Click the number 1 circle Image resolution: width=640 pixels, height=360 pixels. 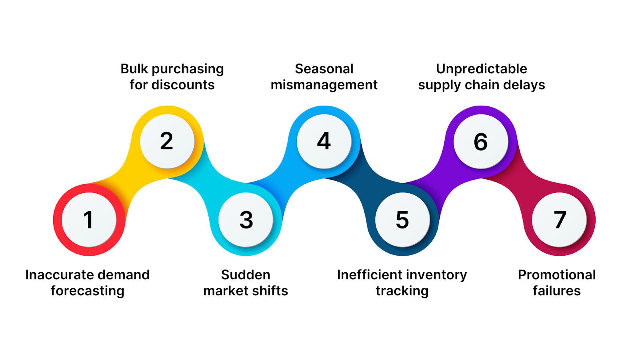point(89,220)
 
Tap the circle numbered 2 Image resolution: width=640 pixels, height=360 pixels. point(167,141)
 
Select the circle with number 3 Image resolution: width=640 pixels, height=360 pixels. point(246,220)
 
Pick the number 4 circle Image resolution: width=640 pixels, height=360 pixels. point(324,141)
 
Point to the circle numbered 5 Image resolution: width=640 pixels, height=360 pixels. point(402,220)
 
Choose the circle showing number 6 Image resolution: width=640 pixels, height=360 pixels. point(480,142)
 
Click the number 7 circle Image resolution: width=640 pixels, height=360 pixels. point(559,220)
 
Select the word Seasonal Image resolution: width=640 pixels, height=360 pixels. point(324,69)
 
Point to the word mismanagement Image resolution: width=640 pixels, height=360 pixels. point(324,85)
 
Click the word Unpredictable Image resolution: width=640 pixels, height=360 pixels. point(482,69)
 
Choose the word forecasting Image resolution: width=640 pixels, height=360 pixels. point(87,291)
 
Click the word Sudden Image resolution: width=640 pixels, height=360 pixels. point(246,275)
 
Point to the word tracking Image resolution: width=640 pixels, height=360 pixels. point(402,291)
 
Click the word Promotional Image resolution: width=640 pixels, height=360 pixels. point(556,275)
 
